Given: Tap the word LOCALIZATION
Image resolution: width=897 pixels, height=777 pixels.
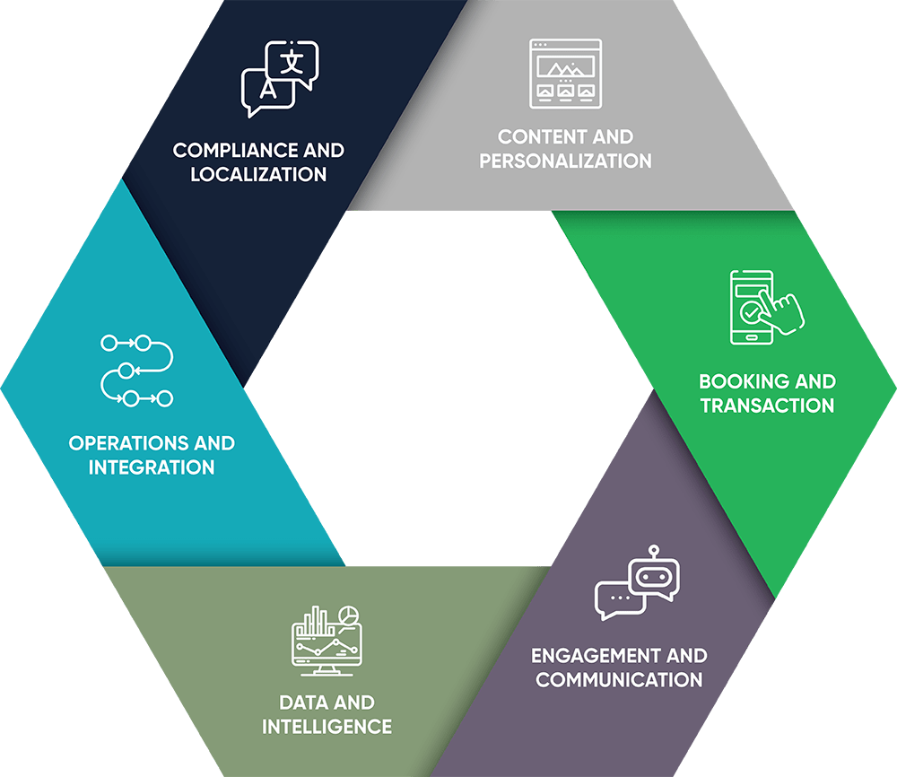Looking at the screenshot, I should [258, 174].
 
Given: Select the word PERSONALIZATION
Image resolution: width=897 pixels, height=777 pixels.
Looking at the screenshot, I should [565, 162].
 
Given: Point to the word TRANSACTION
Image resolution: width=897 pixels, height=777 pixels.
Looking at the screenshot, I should [767, 406].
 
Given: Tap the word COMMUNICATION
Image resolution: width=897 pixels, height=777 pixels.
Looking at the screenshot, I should [619, 679].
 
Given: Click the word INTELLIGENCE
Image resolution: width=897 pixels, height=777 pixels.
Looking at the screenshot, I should [327, 726].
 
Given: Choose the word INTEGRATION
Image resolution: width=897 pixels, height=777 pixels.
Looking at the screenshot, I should [152, 467].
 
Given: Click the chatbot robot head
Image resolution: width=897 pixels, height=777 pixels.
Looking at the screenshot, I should [652, 575].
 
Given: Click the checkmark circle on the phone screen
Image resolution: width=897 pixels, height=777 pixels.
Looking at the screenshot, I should [751, 313].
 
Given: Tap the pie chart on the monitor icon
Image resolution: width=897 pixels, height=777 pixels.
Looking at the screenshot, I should [349, 615].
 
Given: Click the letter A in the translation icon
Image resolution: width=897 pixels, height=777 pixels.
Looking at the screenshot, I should [266, 90].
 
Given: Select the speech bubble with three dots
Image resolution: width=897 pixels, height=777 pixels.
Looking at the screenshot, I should [619, 599].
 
